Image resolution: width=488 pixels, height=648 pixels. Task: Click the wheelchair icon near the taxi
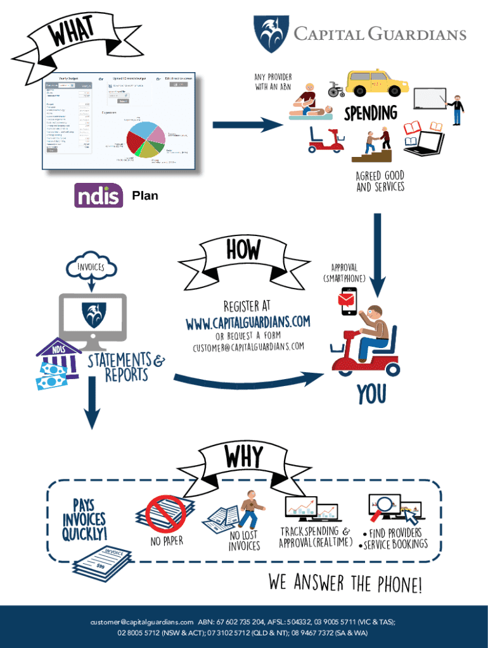(x=336, y=90)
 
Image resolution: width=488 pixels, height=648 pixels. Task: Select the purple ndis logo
(x=98, y=196)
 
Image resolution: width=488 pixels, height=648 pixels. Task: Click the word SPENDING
(x=371, y=114)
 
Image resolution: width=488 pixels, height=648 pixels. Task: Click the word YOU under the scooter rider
(x=371, y=394)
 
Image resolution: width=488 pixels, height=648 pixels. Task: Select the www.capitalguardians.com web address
(x=247, y=323)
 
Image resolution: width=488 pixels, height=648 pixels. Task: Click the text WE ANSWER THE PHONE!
(x=345, y=583)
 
